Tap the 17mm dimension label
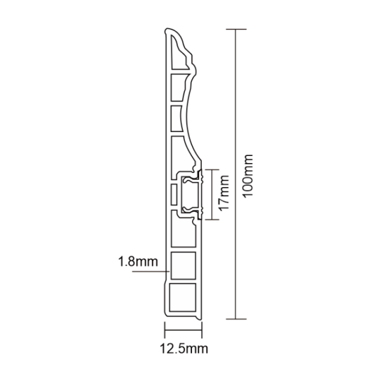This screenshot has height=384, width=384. click(x=224, y=195)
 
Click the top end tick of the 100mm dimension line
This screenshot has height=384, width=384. click(x=238, y=29)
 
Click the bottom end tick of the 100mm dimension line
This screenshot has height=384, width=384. click(x=238, y=319)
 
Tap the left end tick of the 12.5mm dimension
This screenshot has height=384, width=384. click(x=164, y=329)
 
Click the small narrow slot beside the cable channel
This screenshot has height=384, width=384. click(x=174, y=194)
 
